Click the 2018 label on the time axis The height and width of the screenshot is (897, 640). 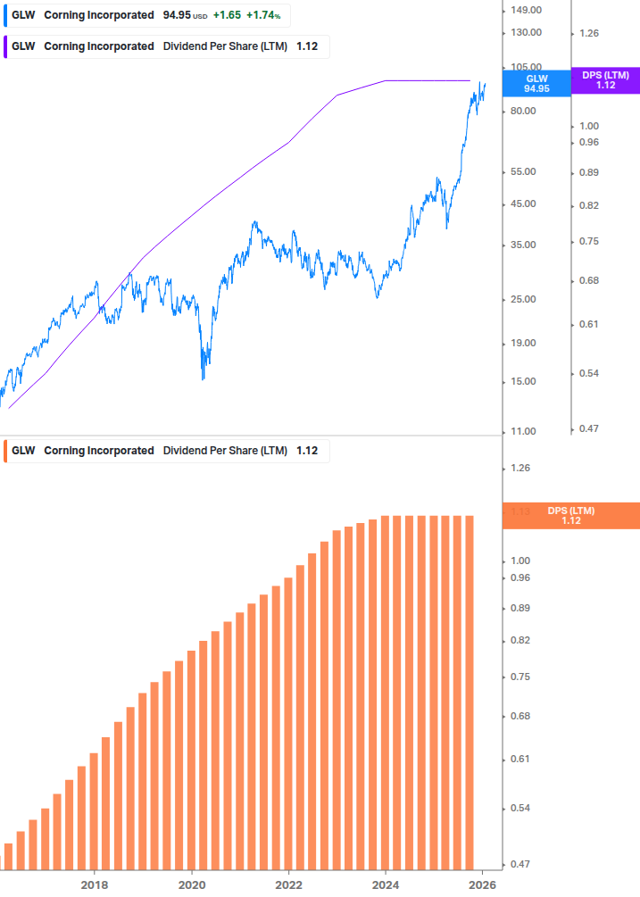(x=95, y=885)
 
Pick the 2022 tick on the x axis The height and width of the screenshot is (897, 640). (x=289, y=885)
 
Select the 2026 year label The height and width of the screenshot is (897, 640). (x=483, y=885)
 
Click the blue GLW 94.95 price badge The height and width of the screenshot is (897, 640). (x=536, y=83)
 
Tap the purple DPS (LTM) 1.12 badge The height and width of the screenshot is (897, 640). (x=605, y=80)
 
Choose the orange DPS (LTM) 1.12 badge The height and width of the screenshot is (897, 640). (x=571, y=516)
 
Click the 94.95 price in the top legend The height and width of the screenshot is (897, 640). (x=177, y=16)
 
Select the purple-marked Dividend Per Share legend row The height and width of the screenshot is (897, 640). (x=166, y=46)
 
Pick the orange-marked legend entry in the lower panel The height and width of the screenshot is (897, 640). (x=166, y=451)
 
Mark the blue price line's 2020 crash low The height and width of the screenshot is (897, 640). (x=204, y=379)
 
